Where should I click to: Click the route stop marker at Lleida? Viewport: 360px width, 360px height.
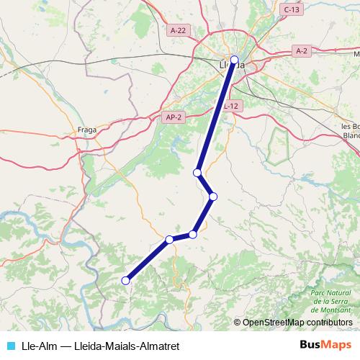234,60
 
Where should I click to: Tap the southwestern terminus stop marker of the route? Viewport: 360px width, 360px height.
125,281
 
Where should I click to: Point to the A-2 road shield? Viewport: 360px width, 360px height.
302,50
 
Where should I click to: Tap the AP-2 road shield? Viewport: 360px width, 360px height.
172,117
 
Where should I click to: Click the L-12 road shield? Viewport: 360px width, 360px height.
230,106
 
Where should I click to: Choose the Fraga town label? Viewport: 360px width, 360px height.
87,130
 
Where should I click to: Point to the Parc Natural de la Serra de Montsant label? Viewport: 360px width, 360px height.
330,301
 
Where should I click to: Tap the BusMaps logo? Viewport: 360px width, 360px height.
325,344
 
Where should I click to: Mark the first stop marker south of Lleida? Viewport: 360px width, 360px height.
197,173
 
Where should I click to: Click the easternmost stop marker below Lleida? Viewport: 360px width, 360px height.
213,196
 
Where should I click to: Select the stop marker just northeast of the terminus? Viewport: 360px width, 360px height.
169,240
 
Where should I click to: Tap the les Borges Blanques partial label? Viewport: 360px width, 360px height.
352,130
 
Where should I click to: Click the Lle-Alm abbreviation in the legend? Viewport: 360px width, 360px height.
41,345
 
